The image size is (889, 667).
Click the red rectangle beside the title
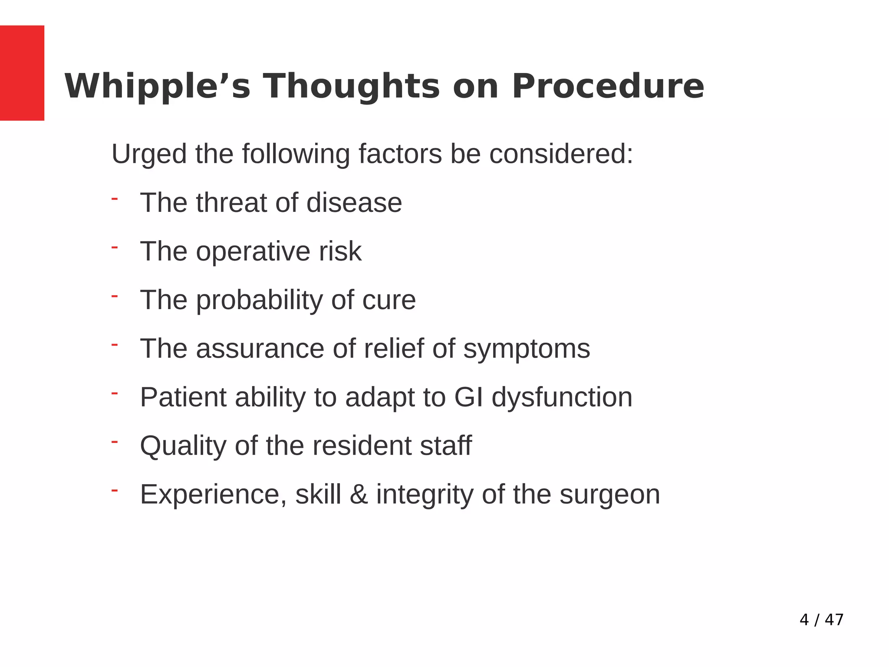tap(22, 73)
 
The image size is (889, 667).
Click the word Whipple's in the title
tap(157, 86)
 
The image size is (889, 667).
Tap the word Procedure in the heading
tap(608, 86)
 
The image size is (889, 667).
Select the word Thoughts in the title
tap(352, 86)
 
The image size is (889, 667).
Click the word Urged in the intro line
tap(149, 155)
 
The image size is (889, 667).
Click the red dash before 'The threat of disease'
tap(115, 199)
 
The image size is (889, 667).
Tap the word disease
tap(354, 203)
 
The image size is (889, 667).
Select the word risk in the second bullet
tap(340, 251)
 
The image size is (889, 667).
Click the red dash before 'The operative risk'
tap(115, 248)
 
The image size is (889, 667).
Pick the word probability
tap(259, 300)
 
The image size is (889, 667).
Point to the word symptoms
tap(527, 349)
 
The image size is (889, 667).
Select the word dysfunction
tap(562, 397)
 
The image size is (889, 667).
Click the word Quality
tap(183, 446)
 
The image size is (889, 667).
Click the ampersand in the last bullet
tap(359, 495)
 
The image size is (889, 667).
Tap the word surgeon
tap(609, 495)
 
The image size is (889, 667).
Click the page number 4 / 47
tap(821, 620)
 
